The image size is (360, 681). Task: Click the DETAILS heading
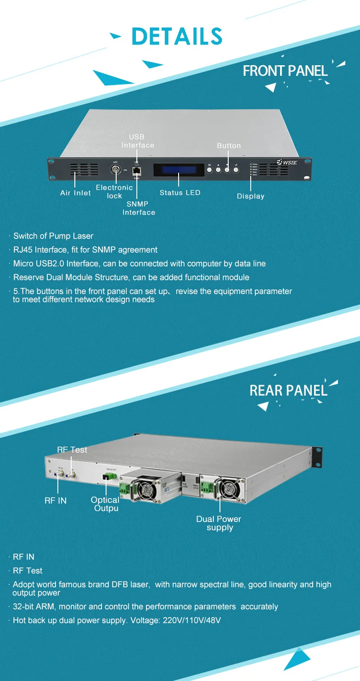click(177, 36)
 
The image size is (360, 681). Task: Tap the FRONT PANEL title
click(285, 71)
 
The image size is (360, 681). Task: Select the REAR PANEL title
click(288, 391)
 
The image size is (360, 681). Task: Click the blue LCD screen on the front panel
click(178, 169)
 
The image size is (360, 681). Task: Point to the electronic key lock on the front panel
click(116, 169)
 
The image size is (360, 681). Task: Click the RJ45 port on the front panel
click(136, 170)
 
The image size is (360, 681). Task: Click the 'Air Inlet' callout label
click(75, 193)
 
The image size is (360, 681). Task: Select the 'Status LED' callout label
click(180, 193)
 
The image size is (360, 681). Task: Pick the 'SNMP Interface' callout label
click(139, 208)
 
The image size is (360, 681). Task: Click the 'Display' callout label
click(251, 196)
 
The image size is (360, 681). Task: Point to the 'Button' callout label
click(229, 146)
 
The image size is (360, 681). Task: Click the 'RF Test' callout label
click(72, 450)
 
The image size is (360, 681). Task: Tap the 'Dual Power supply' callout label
click(219, 523)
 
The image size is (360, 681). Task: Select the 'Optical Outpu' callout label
click(105, 504)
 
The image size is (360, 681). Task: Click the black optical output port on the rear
click(106, 479)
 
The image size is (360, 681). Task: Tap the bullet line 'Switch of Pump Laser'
click(53, 236)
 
